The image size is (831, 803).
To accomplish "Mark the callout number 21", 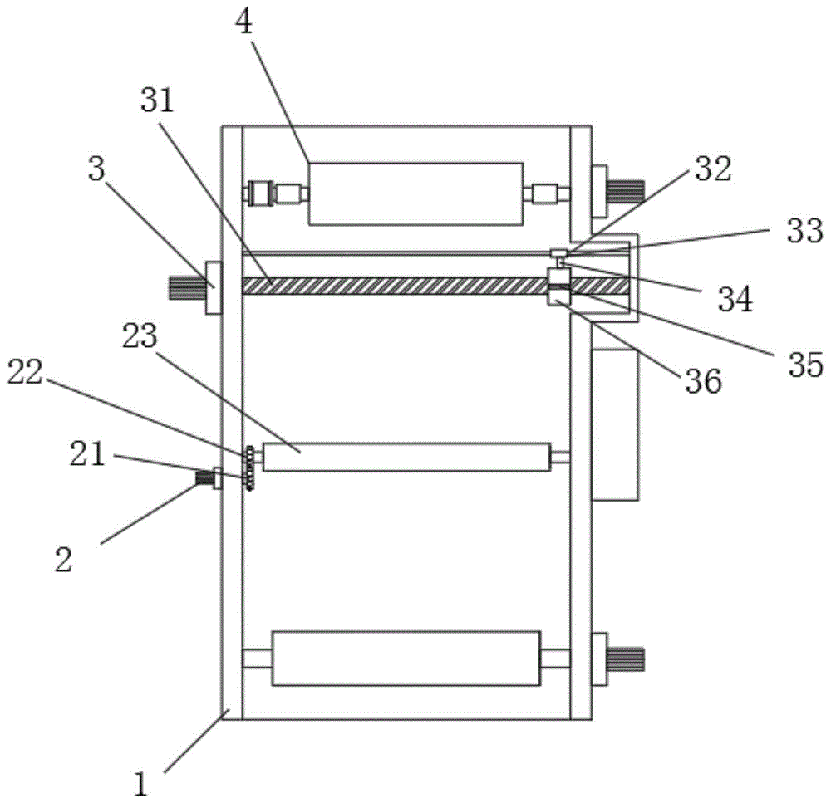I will [86, 456].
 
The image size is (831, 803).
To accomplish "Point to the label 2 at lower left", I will [63, 558].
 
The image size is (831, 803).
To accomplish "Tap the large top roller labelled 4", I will [415, 193].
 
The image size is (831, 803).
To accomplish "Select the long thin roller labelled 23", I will [406, 457].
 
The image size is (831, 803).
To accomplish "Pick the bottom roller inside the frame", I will [406, 658].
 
